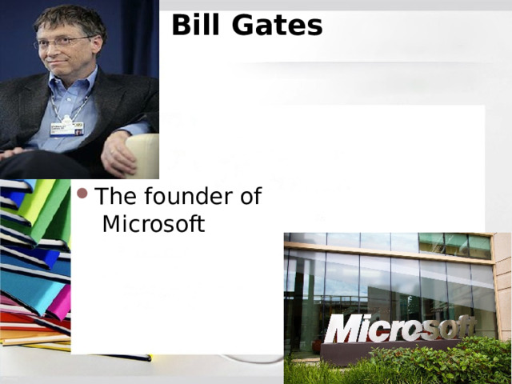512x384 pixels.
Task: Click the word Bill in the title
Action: [x=197, y=25]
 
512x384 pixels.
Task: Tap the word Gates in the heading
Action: [x=277, y=25]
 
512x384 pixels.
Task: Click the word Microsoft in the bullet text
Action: [x=154, y=224]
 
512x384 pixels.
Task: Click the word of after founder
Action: [x=248, y=196]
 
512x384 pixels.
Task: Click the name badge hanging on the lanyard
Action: [x=68, y=127]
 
